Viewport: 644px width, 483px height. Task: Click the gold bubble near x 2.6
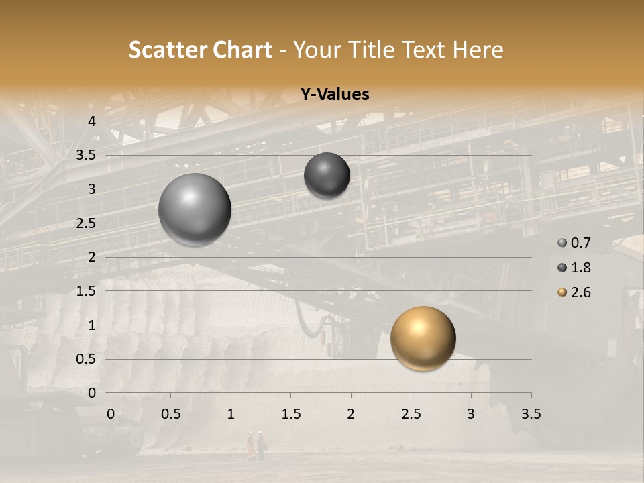click(423, 338)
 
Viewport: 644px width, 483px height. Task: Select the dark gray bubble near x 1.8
click(327, 175)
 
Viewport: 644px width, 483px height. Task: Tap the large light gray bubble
click(195, 209)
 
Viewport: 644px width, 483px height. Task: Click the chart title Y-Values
click(334, 95)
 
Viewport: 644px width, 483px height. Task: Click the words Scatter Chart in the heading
click(200, 50)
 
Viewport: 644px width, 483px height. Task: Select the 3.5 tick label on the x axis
click(531, 414)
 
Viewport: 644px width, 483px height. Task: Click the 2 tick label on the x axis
click(351, 414)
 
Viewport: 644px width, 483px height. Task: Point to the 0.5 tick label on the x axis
click(170, 414)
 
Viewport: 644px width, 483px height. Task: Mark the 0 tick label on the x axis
click(111, 414)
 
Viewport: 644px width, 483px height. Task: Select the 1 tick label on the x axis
click(231, 414)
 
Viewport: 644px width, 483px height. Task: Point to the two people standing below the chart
click(255, 445)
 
